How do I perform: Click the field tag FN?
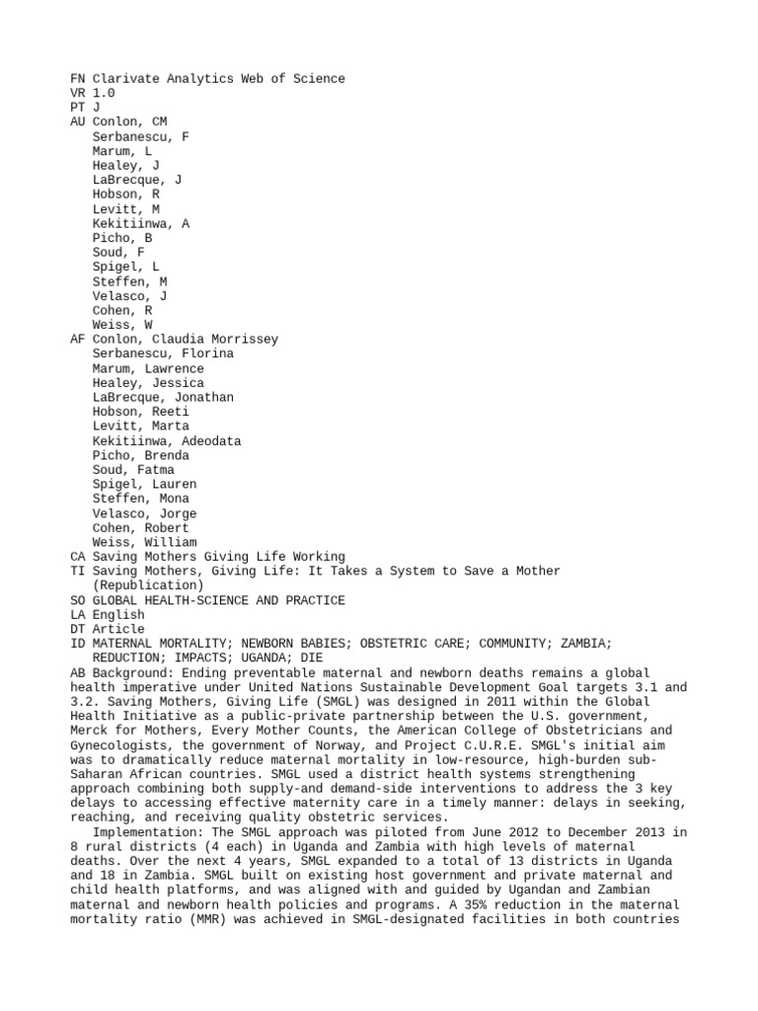[x=78, y=78]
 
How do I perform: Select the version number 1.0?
[x=104, y=93]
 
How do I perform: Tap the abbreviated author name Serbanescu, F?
[x=140, y=136]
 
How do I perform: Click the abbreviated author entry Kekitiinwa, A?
[x=140, y=224]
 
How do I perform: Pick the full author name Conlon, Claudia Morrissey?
[x=186, y=340]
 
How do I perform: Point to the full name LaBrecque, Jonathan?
[x=163, y=397]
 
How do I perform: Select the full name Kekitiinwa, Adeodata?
[x=166, y=441]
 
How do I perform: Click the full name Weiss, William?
[x=143, y=542]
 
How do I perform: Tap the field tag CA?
[x=78, y=557]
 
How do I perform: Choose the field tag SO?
[x=78, y=600]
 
